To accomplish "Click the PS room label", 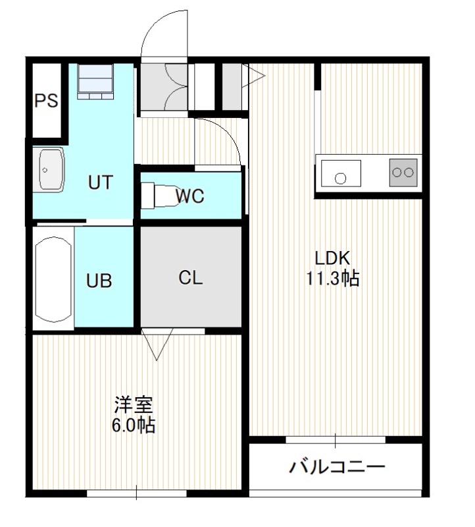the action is pos(46,101).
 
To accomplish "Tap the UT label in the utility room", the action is pos(100,182).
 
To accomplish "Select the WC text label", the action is pos(189,196).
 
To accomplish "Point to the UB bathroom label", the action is pos(99,281).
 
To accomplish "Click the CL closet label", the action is pos(190,278).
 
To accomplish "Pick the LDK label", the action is pos(332,258).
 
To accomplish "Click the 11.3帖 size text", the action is pos(333,278).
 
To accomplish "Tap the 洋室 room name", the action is pos(134,405).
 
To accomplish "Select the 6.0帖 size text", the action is pos(134,426).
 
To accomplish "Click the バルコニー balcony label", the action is pos(337,467).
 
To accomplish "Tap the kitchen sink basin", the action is pos(341,173).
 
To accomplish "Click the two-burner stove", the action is pos(403,173).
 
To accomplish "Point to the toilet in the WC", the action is pos(158,195).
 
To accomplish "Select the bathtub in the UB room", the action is pos(54,279).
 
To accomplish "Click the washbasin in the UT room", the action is pos(51,170).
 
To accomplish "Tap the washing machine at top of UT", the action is pos(95,82).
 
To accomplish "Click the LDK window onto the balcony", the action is pos(336,440).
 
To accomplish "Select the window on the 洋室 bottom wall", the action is pos(137,493).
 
